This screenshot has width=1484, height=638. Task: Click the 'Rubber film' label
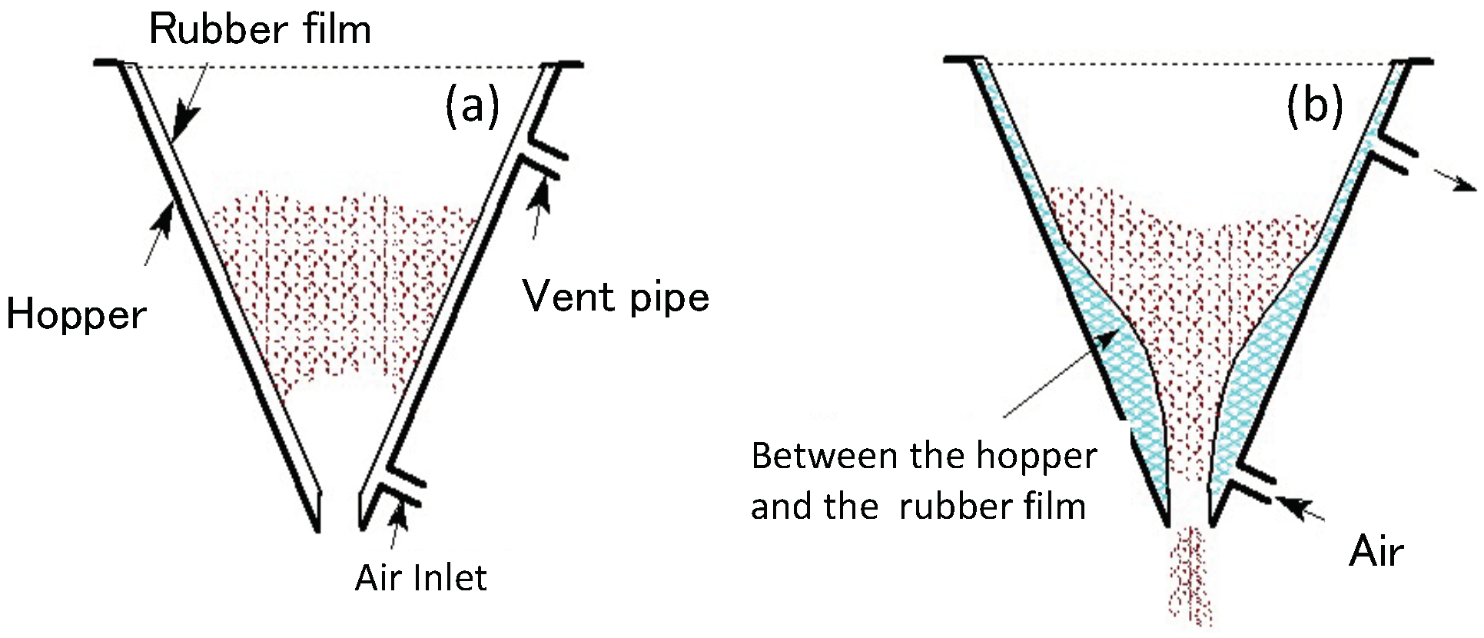[260, 31]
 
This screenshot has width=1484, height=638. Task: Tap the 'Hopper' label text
[76, 315]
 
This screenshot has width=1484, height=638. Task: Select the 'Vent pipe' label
[616, 297]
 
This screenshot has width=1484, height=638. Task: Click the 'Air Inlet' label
[420, 578]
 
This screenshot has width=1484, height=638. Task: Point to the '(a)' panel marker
[472, 105]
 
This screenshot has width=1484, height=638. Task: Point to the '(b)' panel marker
[1314, 105]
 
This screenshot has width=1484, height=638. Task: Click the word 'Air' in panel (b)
[1376, 551]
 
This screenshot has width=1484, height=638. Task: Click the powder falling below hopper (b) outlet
[1190, 577]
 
